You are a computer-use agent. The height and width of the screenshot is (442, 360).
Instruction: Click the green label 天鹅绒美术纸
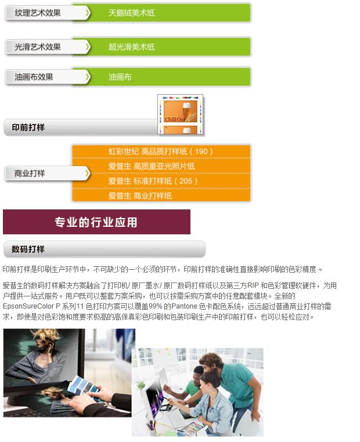[132, 12]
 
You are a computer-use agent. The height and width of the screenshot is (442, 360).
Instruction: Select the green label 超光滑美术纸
[132, 47]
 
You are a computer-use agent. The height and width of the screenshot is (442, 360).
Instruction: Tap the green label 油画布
[120, 77]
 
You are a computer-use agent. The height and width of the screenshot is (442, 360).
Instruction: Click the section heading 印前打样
[28, 127]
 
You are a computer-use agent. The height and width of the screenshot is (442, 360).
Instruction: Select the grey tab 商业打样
[30, 173]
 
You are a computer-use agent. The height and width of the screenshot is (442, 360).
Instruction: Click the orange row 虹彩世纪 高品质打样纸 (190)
[161, 151]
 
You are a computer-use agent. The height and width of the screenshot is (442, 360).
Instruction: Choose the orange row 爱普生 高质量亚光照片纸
[152, 166]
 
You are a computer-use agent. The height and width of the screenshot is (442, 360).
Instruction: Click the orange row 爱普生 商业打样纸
[140, 195]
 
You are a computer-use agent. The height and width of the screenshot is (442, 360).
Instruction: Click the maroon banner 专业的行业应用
[96, 222]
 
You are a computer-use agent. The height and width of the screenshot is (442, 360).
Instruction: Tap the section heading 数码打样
[28, 249]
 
